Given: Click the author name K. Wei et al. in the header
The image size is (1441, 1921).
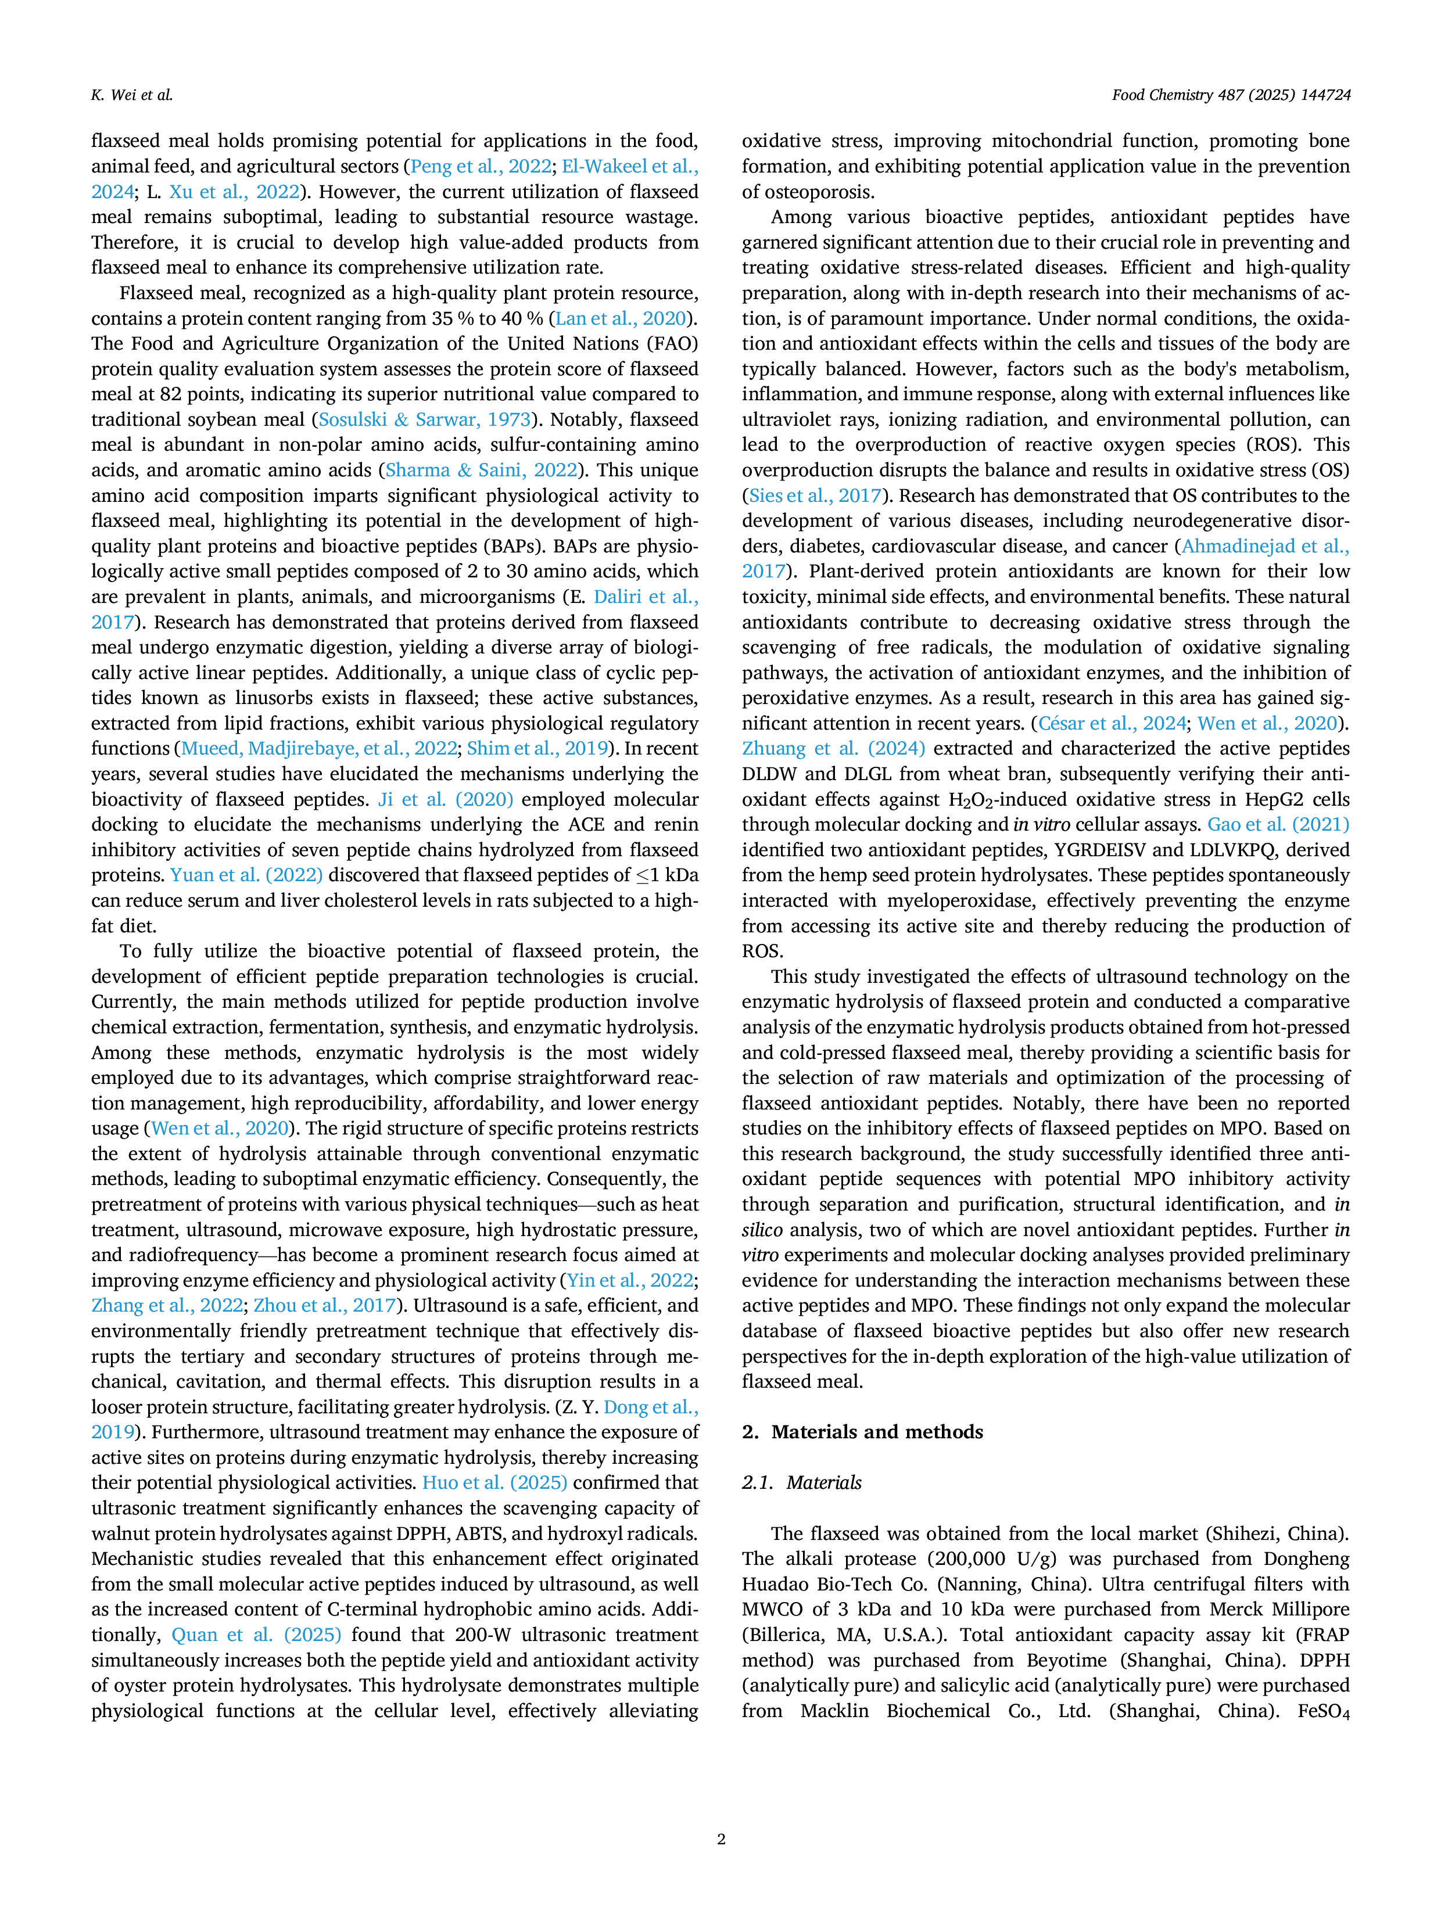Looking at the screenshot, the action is pos(132,95).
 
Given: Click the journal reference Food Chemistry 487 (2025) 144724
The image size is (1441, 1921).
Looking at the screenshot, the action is pos(1231,95).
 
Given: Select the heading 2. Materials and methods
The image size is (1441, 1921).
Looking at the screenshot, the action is pos(862,1432).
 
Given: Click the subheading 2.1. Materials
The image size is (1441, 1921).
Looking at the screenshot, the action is pos(802,1482).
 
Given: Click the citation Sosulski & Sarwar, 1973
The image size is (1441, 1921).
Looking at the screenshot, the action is pos(425,419).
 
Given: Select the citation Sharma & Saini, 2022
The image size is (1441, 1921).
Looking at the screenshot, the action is pos(481,470).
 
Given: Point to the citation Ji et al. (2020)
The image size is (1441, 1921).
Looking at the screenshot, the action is pos(446,799).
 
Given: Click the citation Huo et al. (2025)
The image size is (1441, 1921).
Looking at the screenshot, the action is pos(494,1482).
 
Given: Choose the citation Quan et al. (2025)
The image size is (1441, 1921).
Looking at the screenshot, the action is pos(256,1635).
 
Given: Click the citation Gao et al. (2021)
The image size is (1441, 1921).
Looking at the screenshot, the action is pos(1278,824).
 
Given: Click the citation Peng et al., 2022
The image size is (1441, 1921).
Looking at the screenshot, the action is pos(481,167).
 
